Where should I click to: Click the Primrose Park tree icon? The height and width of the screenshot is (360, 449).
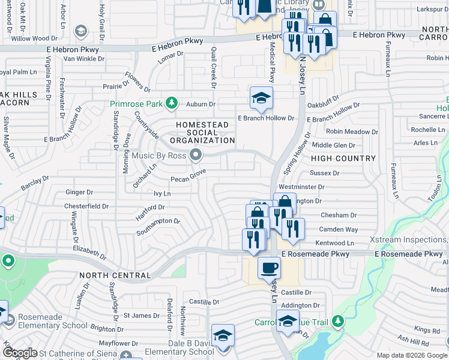point(172,103)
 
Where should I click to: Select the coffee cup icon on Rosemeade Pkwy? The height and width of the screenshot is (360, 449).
point(269,268)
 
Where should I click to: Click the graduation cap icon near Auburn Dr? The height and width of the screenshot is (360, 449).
point(261,98)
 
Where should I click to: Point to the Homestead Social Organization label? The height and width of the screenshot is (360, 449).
point(202,133)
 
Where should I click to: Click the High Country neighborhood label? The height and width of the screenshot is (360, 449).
point(343,158)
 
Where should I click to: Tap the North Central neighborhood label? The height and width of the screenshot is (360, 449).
point(114,275)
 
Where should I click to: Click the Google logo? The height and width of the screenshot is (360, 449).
point(20,353)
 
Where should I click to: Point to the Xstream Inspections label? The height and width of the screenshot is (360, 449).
point(408,239)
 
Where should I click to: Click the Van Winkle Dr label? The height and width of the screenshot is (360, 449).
point(84,59)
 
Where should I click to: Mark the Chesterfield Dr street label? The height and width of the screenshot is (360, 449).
point(86,206)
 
